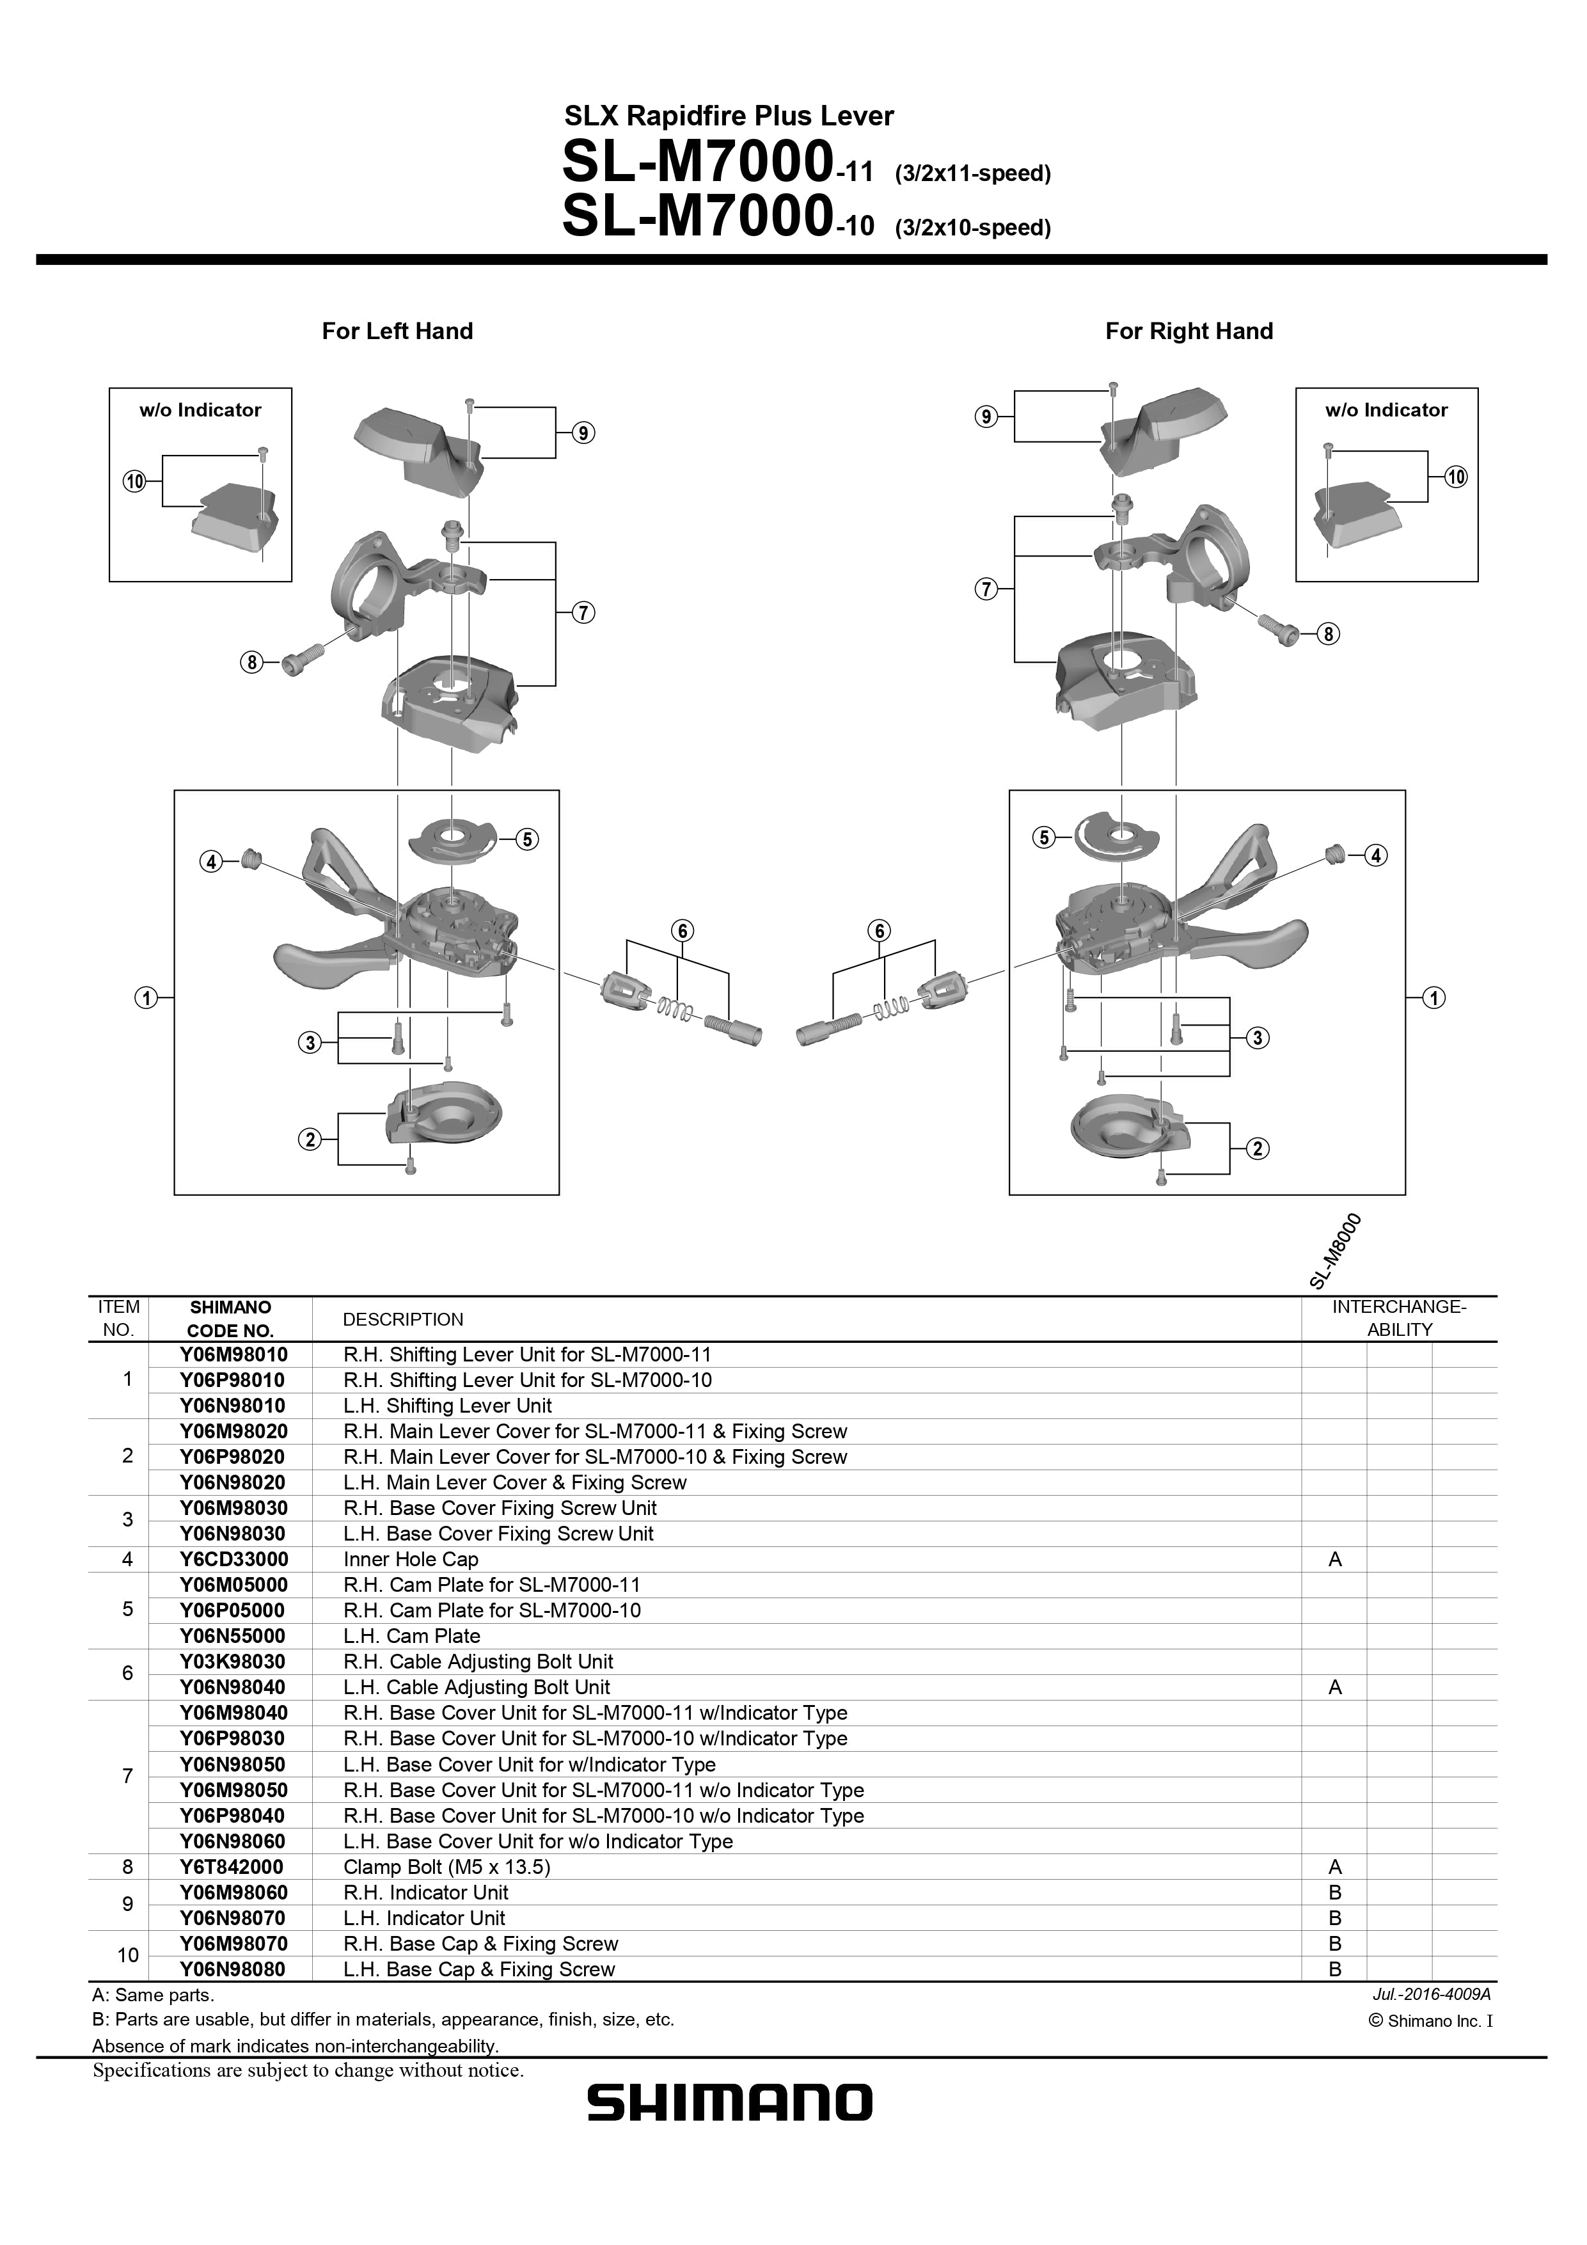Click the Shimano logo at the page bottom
point(729,2103)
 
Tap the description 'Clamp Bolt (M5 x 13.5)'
point(447,1867)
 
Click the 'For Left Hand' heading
point(397,331)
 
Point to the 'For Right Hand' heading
point(1189,331)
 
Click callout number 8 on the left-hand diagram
point(251,663)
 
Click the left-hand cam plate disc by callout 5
point(454,839)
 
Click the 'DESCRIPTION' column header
point(403,1319)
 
